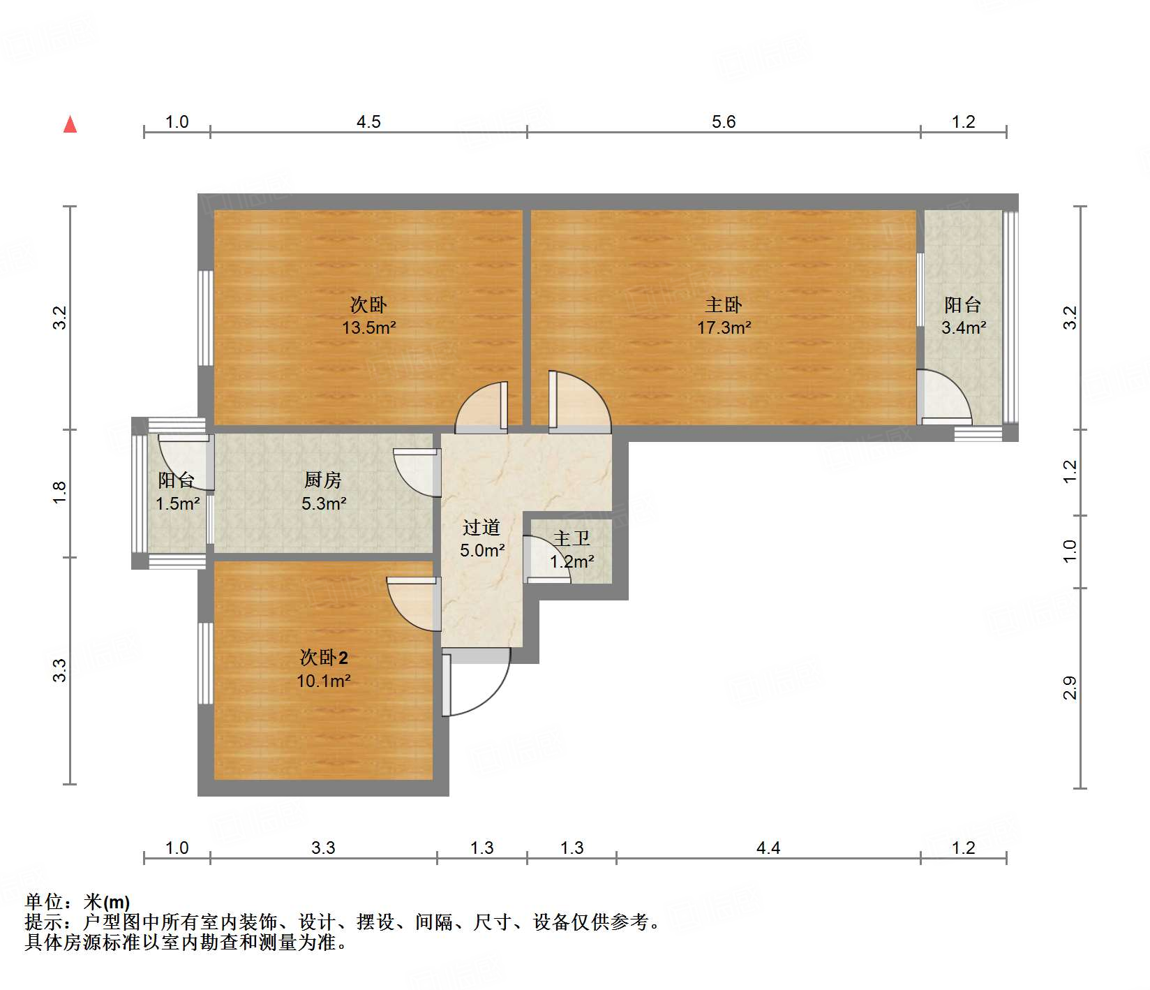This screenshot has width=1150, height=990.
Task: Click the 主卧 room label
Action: click(723, 304)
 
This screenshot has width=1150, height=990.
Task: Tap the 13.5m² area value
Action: click(368, 327)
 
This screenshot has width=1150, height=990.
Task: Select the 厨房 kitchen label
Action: click(323, 480)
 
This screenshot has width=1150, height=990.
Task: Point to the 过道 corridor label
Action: click(481, 527)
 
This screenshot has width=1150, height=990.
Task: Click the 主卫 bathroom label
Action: click(572, 538)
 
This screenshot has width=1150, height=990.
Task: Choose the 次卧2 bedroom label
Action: click(323, 657)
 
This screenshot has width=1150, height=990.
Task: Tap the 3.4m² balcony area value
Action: click(963, 327)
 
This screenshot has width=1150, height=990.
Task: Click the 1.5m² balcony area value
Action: click(177, 503)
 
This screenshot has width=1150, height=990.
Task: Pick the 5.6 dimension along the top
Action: click(724, 122)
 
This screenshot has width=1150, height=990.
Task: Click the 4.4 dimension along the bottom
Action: click(768, 848)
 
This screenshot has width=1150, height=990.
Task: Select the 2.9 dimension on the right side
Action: click(1070, 688)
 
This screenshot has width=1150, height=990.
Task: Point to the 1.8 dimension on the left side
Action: click(61, 493)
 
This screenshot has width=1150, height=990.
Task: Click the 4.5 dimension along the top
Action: click(368, 122)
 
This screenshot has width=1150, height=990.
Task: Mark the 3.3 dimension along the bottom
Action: click(323, 848)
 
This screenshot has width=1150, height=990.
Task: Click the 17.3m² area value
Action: click(724, 327)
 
